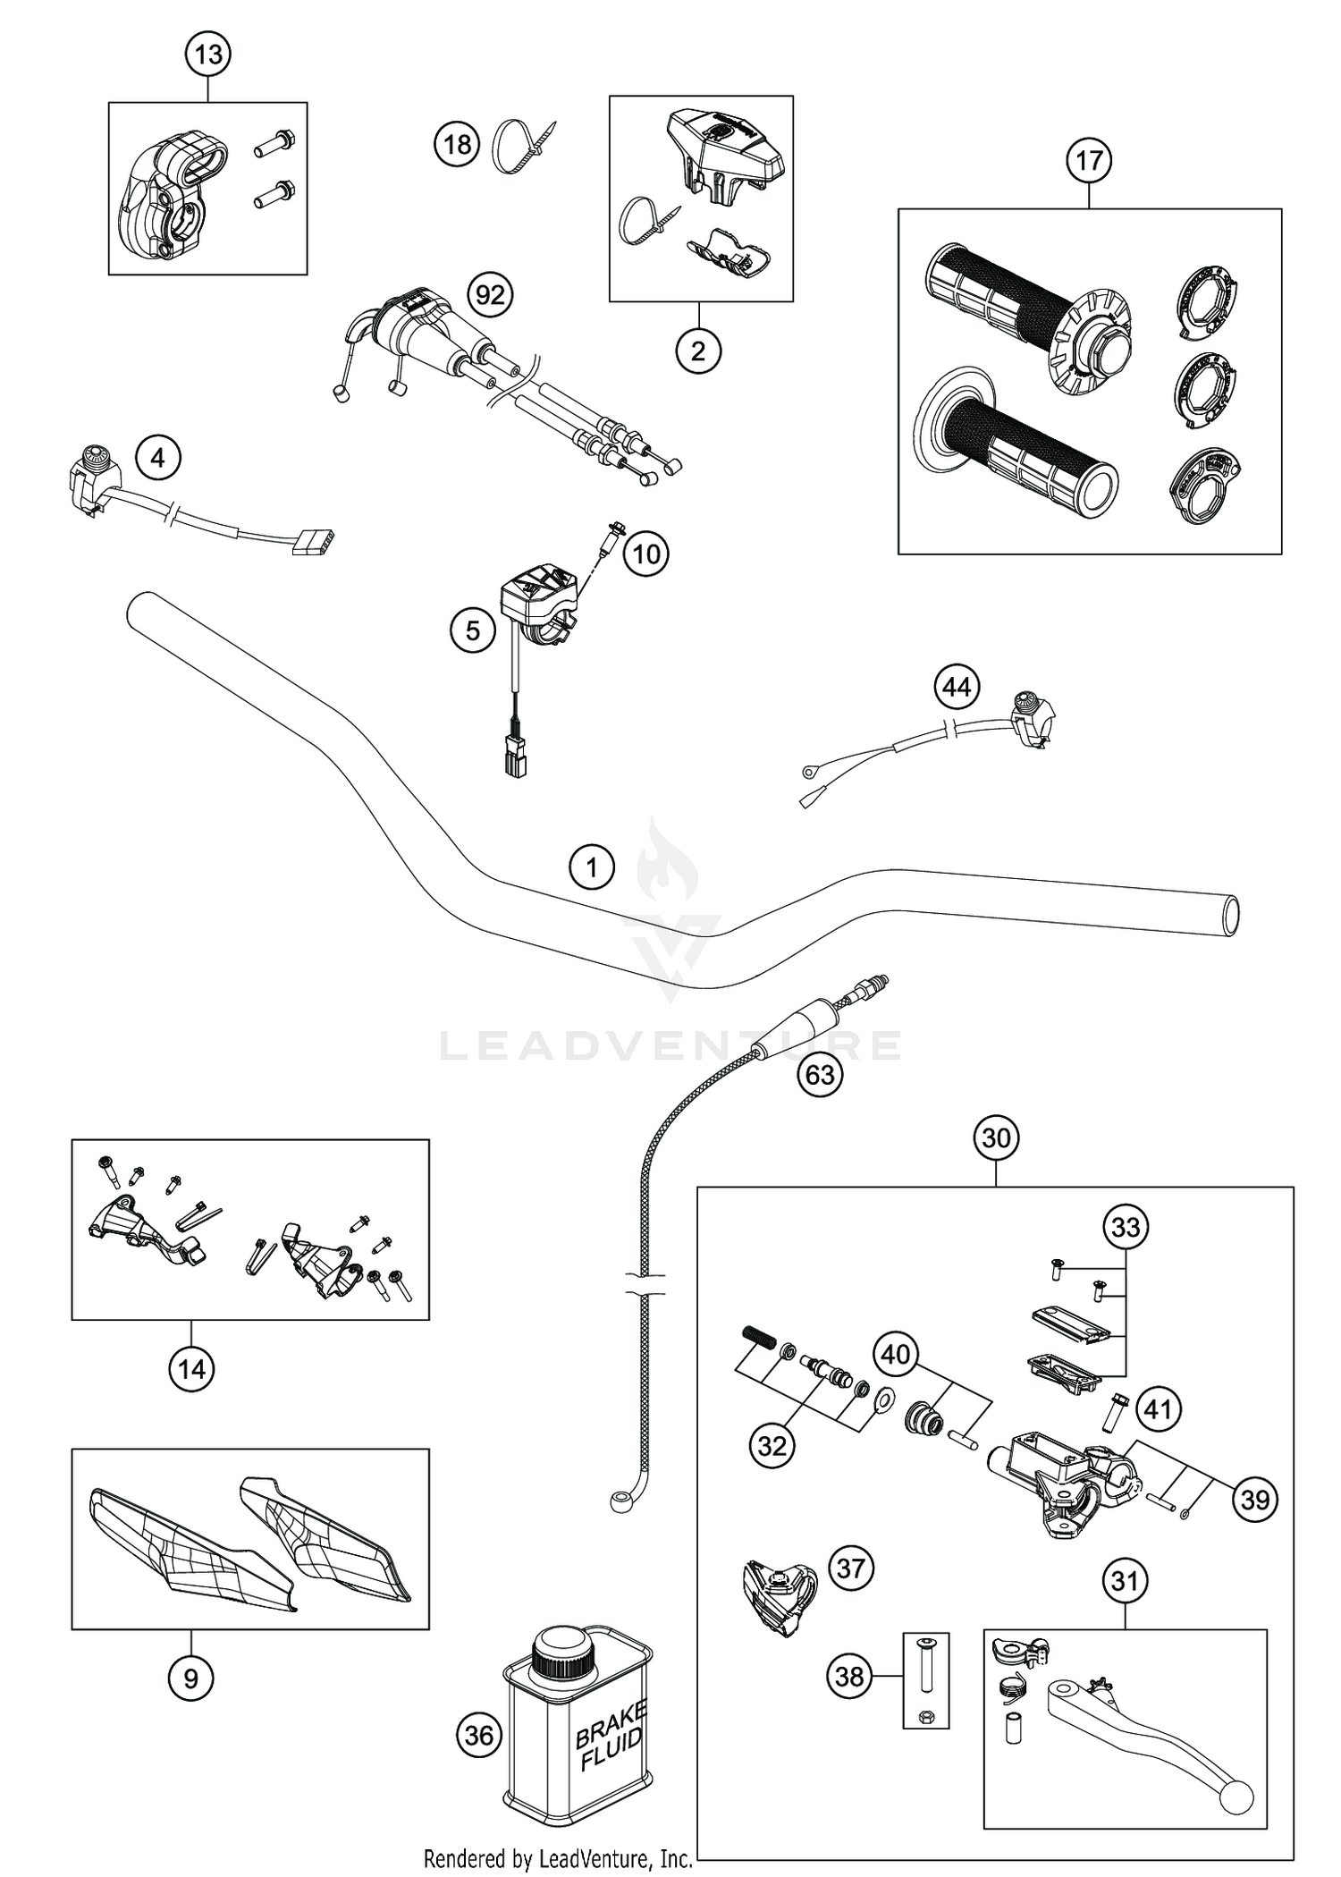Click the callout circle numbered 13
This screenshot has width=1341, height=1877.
tap(208, 55)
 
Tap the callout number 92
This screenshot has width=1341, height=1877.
tap(490, 294)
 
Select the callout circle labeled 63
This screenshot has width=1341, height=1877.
tap(820, 1074)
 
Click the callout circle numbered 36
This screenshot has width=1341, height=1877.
tap(480, 1735)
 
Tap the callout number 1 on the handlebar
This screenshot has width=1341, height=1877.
tap(591, 867)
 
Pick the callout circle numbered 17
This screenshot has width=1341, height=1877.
tap(1089, 161)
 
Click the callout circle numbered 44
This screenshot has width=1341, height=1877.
tap(957, 688)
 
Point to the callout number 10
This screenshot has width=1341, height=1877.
tap(645, 554)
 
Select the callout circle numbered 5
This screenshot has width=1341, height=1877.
tap(473, 631)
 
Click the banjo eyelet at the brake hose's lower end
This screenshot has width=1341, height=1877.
tap(620, 1501)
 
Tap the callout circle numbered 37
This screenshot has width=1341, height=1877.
tap(850, 1567)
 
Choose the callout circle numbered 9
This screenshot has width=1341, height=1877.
tap(191, 1678)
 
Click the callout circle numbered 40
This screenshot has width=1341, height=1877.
tap(895, 1354)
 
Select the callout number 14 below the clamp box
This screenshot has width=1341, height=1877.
tap(191, 1369)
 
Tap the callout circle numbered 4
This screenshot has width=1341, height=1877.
tap(158, 458)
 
